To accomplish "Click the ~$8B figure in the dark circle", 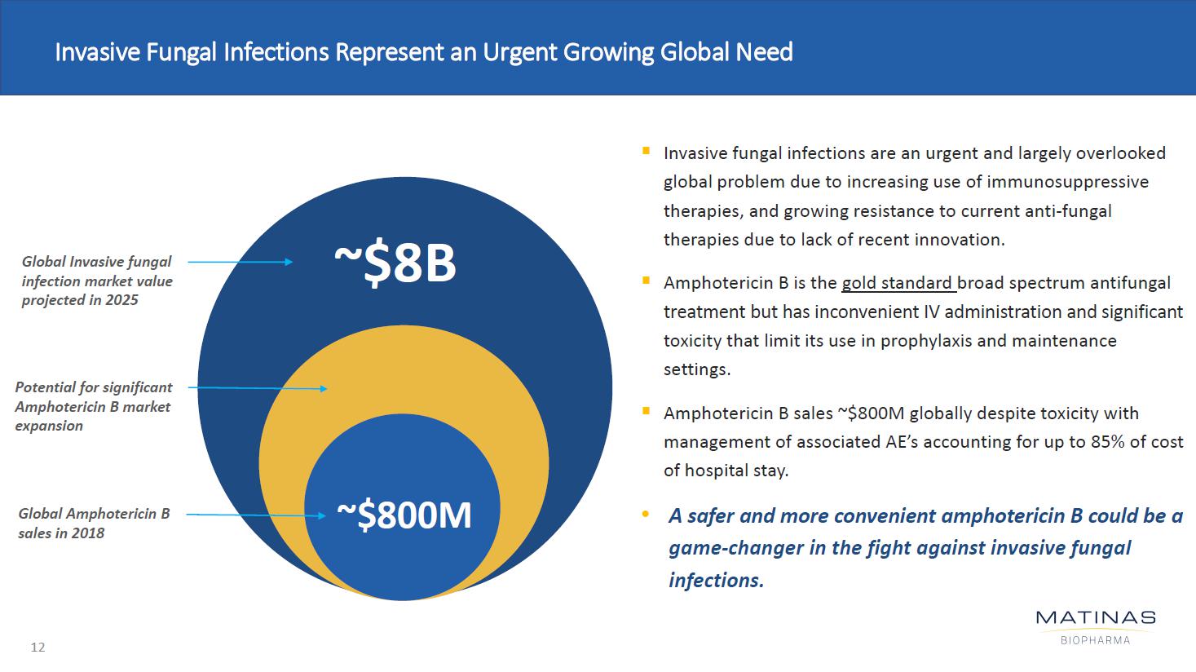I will [395, 263].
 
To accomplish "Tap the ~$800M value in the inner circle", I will [404, 515].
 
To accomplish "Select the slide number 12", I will [38, 648].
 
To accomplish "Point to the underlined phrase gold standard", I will [897, 283].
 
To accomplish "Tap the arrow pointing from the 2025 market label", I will [240, 262].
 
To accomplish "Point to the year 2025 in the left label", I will [121, 300].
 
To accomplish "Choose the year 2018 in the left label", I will [88, 533].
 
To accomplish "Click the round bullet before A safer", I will [646, 515].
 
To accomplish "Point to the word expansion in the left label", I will [49, 426].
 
